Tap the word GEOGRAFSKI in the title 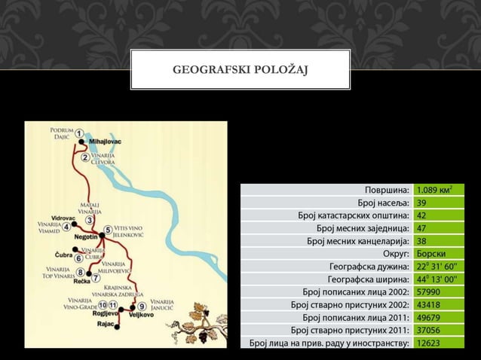click(x=212, y=71)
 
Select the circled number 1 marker click(x=79, y=133)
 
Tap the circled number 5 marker click(x=108, y=230)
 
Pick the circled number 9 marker click(x=142, y=307)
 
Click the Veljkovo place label click(x=142, y=315)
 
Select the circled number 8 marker click(x=81, y=272)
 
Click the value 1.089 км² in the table click(x=435, y=189)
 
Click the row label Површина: click(x=386, y=189)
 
